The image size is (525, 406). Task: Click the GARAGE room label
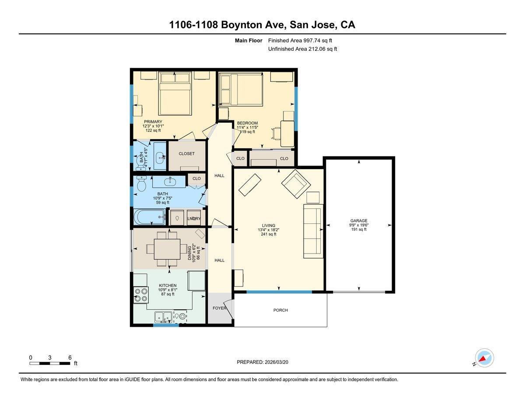coord(359,221)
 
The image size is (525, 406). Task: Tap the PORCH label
coord(280,310)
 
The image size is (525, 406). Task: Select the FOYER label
coord(220,308)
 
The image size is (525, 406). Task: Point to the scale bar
coord(50,363)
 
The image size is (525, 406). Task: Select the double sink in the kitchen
coord(163,317)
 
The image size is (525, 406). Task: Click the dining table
coord(167,249)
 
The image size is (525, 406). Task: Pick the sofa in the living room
coord(313,228)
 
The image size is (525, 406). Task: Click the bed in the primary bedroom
coord(175,93)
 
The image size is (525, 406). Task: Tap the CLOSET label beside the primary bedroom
coord(186,154)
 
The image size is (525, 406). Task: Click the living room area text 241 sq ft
coord(268,234)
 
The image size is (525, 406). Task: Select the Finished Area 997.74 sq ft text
coord(303,40)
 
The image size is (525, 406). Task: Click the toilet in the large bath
coord(141,184)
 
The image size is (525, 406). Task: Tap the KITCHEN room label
coord(168,286)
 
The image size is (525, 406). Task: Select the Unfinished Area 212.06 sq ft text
coord(302,49)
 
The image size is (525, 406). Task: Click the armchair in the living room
coord(296,183)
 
